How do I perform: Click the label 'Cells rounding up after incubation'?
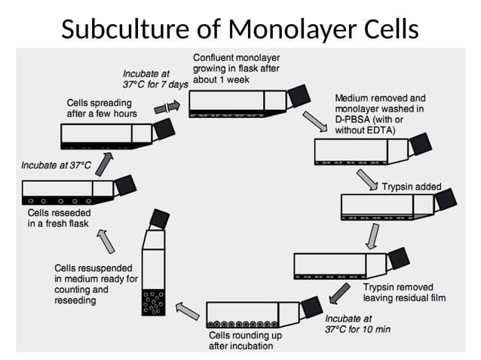[x=241, y=340]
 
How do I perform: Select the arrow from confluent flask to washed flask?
[x=311, y=121]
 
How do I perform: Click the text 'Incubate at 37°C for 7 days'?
[x=155, y=79]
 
